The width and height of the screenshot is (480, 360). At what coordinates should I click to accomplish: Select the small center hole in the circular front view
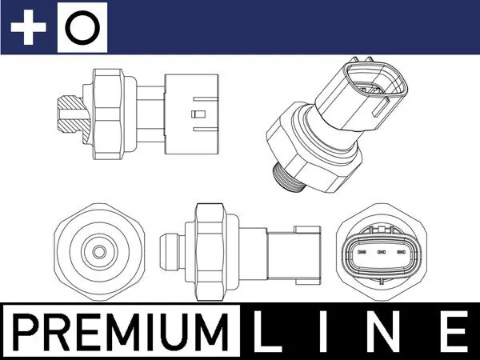point(98,252)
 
